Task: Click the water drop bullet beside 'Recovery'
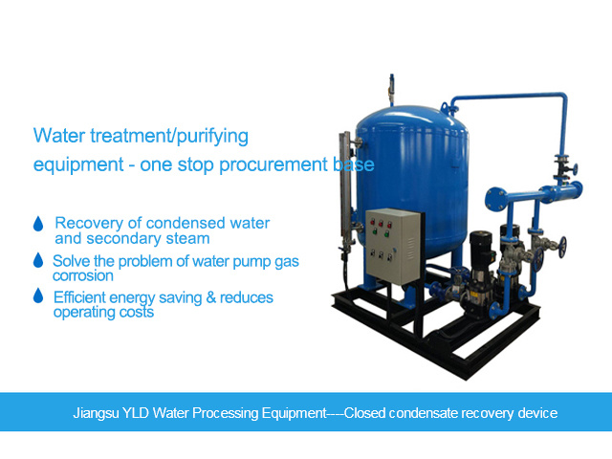coord(38,223)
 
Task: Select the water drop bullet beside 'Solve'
coord(38,260)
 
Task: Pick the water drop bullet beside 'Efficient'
coord(38,297)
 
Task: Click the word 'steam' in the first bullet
coord(189,238)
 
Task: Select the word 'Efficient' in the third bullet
coord(84,297)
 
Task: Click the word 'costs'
coord(136,312)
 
